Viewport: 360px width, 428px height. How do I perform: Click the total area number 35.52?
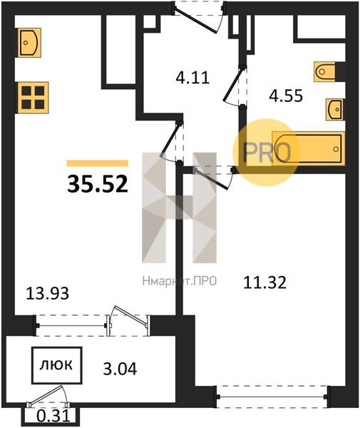point(98,184)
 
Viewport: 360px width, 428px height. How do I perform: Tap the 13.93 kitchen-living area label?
point(48,294)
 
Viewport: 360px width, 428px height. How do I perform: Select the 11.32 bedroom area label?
point(264,282)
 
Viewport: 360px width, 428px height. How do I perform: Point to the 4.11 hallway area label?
point(192,78)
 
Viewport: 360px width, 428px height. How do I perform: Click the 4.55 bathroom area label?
point(286,96)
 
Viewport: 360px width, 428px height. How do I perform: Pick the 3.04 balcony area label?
point(120,369)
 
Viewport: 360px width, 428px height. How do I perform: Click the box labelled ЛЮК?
point(57,365)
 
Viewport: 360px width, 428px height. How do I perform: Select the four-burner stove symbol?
point(33,98)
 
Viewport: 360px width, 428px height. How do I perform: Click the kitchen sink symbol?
point(29,43)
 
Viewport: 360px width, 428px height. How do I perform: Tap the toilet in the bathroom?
point(324,72)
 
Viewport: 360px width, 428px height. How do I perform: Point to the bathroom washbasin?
point(334,109)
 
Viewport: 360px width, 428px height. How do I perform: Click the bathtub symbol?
point(309,148)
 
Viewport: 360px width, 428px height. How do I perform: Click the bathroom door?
point(236,86)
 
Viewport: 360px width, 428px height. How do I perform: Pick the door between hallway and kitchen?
point(172,143)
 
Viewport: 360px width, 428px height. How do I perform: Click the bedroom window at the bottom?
point(272,397)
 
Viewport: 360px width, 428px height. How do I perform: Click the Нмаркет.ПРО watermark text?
point(180,280)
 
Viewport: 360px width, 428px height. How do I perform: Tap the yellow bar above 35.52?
point(98,163)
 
